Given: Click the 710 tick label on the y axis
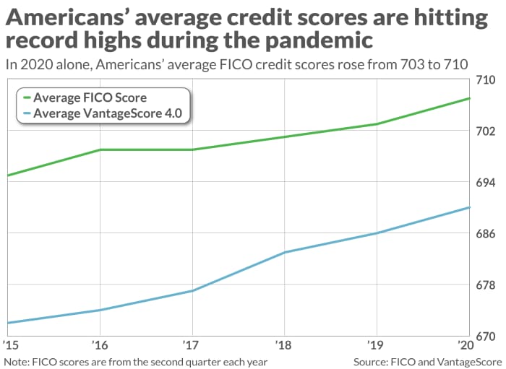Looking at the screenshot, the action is click(486, 80).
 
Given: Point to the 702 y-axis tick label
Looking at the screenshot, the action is click(486, 131).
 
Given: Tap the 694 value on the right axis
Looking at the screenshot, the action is click(486, 183).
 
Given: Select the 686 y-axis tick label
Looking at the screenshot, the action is click(486, 234).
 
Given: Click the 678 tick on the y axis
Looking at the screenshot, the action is click(486, 285).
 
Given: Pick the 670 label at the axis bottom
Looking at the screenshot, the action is click(486, 337).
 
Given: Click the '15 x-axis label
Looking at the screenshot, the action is click(11, 345).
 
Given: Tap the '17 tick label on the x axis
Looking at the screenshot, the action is click(191, 345).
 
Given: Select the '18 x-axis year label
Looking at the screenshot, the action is click(283, 345).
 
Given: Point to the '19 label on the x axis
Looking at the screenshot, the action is click(376, 345).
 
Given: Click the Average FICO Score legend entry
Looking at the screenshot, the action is click(85, 97).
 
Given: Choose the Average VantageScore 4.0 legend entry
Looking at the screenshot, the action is click(103, 113).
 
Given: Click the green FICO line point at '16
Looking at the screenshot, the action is click(100, 149).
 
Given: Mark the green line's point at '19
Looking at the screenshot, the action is click(377, 123).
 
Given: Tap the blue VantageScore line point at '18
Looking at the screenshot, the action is click(285, 252).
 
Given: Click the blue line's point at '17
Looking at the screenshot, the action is click(192, 291).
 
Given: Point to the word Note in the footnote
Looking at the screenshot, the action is click(16, 362).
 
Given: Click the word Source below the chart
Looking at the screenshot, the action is click(370, 362).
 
